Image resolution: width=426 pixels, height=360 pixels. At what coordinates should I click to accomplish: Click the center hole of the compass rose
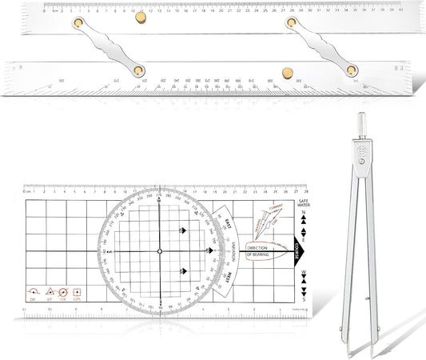pos(159,250)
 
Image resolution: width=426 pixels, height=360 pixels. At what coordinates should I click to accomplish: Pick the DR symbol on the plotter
pos(34,294)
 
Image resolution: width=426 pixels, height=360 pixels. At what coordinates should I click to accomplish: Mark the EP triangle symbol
pos(50,294)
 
